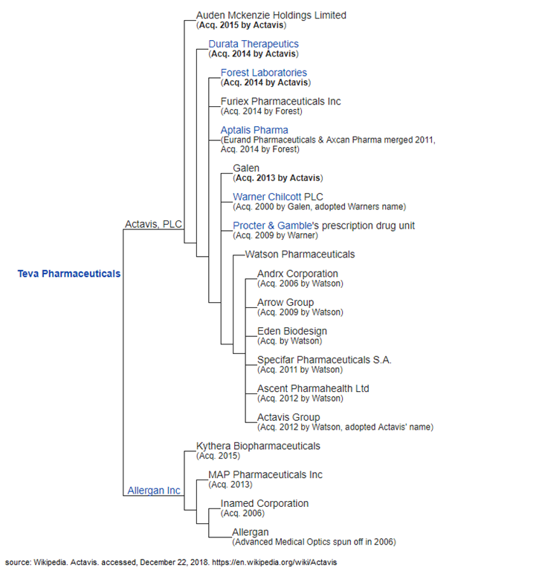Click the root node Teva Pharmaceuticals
click(68, 274)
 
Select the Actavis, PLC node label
click(154, 224)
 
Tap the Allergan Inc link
click(154, 491)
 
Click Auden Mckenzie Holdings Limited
click(271, 15)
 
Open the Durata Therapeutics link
click(254, 44)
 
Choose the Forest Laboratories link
click(263, 73)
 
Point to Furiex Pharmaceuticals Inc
click(280, 101)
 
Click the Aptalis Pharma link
click(254, 130)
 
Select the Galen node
click(246, 168)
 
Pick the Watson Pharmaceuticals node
click(300, 255)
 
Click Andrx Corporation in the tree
click(297, 274)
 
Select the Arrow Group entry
click(285, 302)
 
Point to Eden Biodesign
click(291, 331)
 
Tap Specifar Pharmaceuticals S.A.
click(324, 360)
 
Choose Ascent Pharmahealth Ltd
click(313, 388)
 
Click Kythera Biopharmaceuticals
click(258, 446)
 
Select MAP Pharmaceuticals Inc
click(265, 475)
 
